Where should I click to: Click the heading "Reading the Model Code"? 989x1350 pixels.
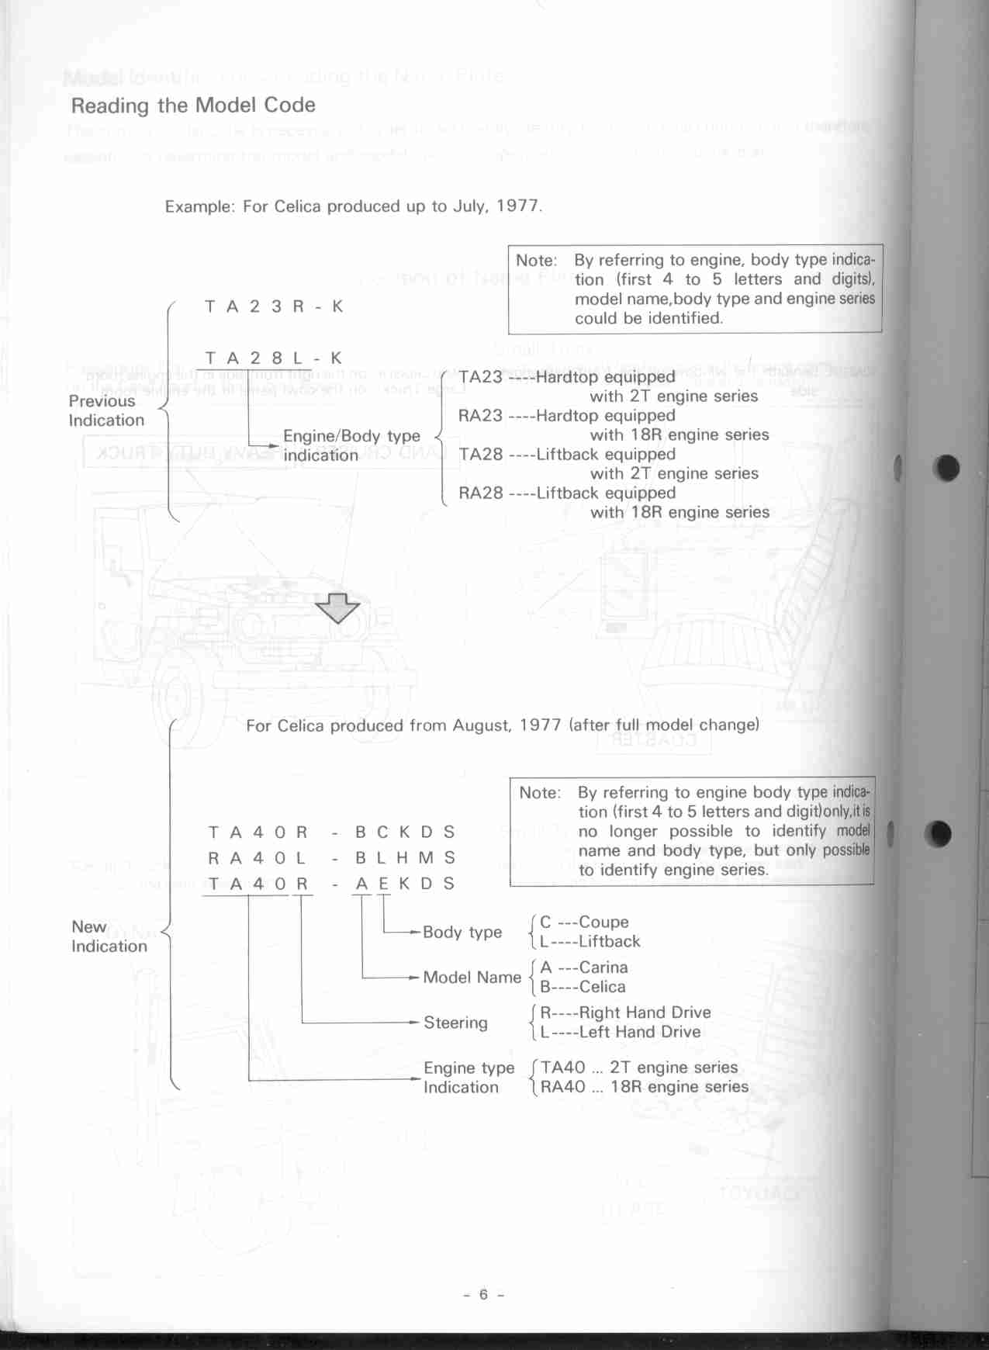193,106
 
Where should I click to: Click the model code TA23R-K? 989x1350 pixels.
273,306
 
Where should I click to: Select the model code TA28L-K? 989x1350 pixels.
273,358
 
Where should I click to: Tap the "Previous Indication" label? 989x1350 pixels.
106,410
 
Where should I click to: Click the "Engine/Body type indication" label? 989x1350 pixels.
351,445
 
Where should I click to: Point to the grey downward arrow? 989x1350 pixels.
337,607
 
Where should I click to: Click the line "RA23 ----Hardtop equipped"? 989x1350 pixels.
566,416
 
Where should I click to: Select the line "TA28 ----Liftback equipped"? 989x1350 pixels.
566,455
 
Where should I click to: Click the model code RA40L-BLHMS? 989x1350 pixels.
331,858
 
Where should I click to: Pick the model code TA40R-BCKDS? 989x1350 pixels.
331,832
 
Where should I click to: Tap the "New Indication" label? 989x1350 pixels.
109,936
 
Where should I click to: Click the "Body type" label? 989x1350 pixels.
462,932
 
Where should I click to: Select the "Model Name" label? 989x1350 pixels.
472,978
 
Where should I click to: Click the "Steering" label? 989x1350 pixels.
455,1023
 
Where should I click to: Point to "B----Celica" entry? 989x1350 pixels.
583,987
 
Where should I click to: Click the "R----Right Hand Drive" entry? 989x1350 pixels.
625,1012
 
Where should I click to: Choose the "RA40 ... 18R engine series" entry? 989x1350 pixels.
644,1087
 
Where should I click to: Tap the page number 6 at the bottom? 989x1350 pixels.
483,1294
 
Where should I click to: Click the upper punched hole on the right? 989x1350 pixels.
947,467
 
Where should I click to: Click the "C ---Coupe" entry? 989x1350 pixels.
584,922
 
